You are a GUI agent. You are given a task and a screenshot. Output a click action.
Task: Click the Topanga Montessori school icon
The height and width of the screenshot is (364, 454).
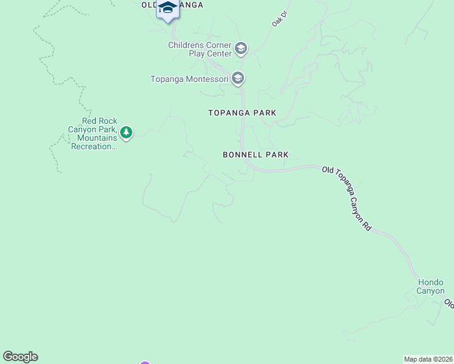coord(238,78)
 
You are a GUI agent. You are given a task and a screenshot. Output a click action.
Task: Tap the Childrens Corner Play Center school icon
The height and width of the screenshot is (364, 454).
coord(241,49)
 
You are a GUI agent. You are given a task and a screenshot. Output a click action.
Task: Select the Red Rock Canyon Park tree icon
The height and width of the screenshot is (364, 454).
coord(126,132)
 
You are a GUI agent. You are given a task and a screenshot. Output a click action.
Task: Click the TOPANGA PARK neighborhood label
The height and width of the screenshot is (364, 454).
coord(242,113)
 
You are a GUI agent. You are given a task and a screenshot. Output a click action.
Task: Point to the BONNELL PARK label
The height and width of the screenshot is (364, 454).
coord(256,155)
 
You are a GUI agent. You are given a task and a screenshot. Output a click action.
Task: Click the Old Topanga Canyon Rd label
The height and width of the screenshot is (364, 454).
coord(347,198)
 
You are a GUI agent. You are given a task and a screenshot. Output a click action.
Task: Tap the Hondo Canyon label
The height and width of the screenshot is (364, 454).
coord(430,286)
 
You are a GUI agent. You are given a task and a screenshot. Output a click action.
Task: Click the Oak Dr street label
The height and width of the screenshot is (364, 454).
coord(278,19)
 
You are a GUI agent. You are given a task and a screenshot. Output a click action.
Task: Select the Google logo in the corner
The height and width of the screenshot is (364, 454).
coord(20,357)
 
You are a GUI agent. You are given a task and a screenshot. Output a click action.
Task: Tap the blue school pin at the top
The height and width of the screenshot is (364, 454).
coord(168,10)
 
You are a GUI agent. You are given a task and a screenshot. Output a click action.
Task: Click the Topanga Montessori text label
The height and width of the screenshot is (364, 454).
coord(189,79)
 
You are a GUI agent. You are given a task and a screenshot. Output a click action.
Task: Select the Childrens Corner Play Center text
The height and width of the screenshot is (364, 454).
coord(200,49)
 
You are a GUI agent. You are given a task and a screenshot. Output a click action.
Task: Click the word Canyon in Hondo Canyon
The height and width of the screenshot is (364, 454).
coord(430,291)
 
